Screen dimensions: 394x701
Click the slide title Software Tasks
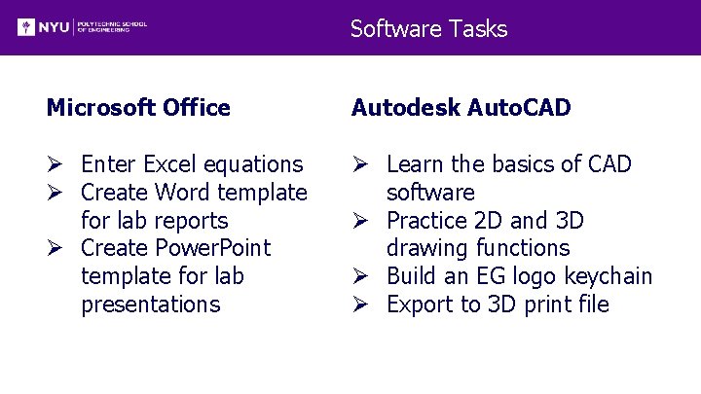[428, 28]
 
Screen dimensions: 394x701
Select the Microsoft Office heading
[138, 107]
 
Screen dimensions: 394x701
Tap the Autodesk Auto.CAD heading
[461, 107]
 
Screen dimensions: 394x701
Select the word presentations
[151, 304]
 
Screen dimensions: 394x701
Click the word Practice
[428, 221]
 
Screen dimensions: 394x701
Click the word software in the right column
[430, 193]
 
